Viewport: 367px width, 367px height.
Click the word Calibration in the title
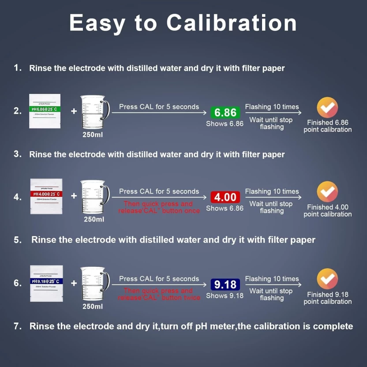[232, 22]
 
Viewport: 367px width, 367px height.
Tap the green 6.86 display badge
[225, 112]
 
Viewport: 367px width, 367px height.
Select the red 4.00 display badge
[225, 197]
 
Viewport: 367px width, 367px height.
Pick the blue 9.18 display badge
[225, 284]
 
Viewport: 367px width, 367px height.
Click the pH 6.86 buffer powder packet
[45, 111]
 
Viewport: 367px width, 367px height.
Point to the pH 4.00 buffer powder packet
[46, 196]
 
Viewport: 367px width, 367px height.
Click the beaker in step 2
[94, 112]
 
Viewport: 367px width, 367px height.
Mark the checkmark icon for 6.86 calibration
[327, 107]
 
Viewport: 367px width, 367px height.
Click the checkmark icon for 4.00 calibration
[327, 192]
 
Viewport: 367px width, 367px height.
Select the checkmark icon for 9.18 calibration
[327, 279]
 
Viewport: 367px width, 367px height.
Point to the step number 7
[18, 326]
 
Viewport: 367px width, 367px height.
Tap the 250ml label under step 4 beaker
[94, 219]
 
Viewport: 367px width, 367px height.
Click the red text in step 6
[159, 294]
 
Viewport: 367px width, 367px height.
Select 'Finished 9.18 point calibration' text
[327, 298]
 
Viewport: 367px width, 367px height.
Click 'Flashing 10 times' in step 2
[272, 107]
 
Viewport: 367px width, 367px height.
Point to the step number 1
[18, 68]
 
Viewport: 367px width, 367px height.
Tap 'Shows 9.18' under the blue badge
[225, 296]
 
